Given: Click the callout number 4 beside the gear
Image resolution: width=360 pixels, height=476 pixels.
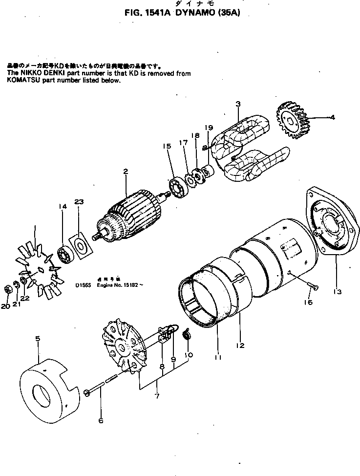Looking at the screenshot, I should (333, 117).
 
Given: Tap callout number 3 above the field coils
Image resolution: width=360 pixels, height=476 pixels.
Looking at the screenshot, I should (238, 104).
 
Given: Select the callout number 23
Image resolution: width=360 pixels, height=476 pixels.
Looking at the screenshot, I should (79, 201).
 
